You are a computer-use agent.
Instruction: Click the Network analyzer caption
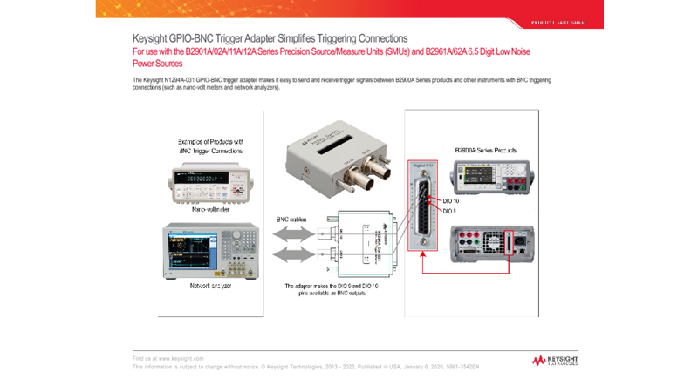(x=210, y=285)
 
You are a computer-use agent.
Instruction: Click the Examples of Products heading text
(x=210, y=145)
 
